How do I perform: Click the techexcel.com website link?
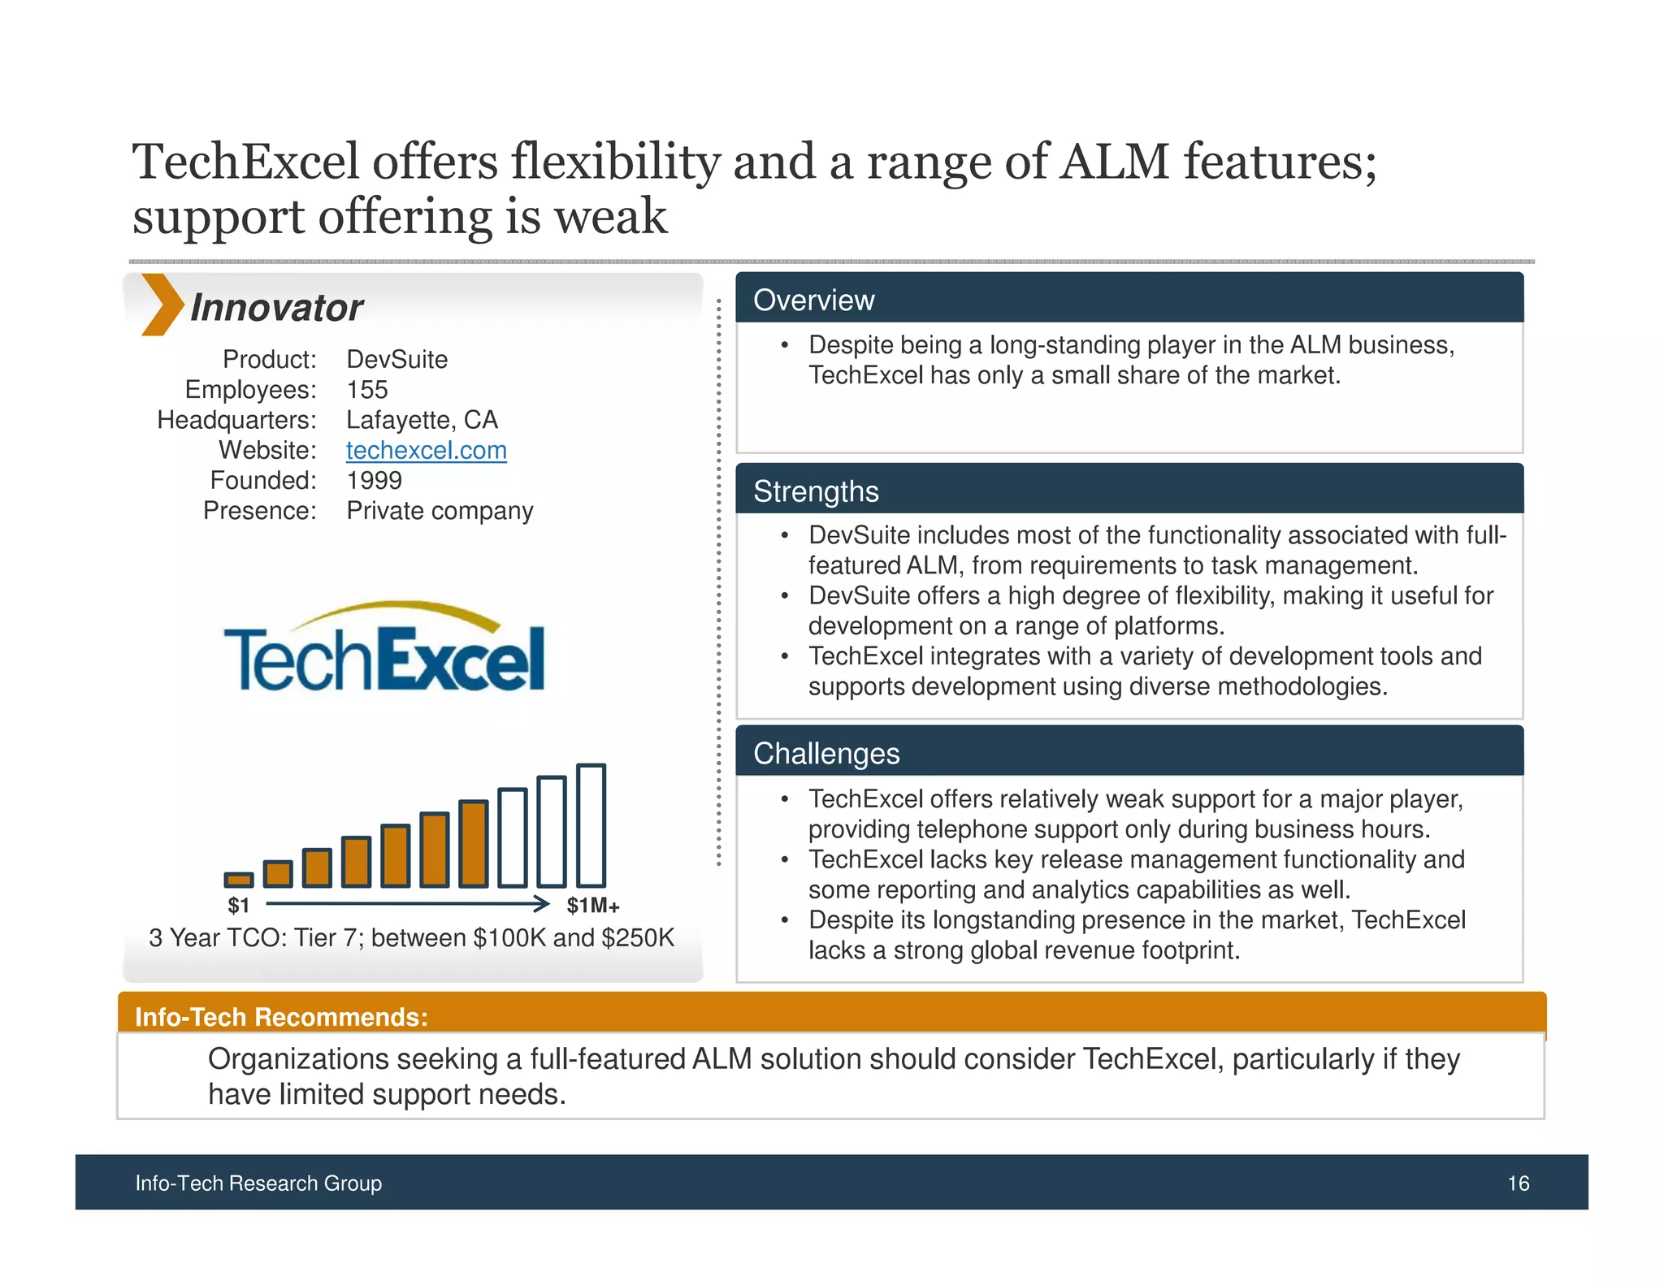coord(426,450)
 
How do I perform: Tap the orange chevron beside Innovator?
coord(161,305)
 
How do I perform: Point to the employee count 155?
coord(367,390)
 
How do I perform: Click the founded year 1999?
coord(374,481)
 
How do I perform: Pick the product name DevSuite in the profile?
coord(396,359)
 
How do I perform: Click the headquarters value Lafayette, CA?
coord(422,420)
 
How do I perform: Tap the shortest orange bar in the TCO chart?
coord(239,880)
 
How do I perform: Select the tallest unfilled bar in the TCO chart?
coord(591,825)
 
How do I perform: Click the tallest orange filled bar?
coord(474,843)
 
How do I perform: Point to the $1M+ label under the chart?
coord(593,906)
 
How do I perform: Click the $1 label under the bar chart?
coord(238,906)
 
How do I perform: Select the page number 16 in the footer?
coord(1518,1183)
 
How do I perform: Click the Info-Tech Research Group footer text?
coord(258,1183)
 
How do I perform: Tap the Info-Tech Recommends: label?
coord(281,1017)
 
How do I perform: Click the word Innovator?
coord(276,308)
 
